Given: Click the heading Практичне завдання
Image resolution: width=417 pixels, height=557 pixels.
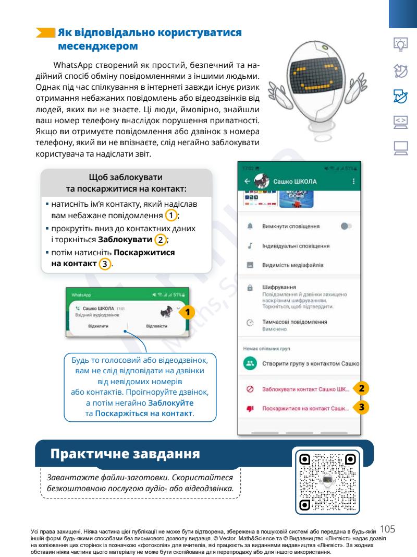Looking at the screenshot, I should (125, 454).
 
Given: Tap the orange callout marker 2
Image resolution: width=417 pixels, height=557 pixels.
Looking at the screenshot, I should (363, 388).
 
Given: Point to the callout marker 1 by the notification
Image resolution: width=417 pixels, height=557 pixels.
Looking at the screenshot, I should (190, 312).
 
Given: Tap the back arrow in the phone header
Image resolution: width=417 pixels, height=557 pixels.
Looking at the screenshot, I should (247, 181).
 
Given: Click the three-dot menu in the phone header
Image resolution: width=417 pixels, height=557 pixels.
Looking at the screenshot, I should (354, 181).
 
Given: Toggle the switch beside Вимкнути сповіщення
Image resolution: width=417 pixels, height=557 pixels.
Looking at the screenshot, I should (346, 227).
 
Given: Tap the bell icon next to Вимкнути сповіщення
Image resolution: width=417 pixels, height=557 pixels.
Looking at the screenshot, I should (250, 227).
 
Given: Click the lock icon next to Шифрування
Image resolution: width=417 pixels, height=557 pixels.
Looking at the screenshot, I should (250, 287).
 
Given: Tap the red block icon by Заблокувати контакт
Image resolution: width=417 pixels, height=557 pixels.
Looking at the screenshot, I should (250, 389).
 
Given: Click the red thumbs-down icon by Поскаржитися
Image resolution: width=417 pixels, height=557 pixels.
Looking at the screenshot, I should (250, 408).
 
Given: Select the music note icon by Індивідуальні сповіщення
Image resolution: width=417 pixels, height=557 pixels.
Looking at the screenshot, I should (250, 245).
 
